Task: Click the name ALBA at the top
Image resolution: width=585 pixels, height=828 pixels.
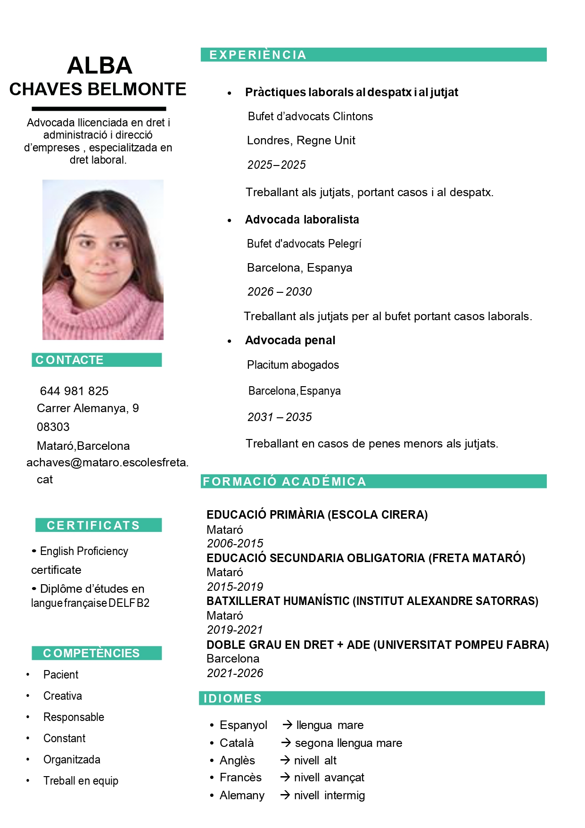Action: pyautogui.click(x=99, y=66)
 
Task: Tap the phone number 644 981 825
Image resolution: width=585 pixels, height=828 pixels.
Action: pyautogui.click(x=74, y=391)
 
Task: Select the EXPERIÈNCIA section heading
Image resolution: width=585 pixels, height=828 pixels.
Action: pyautogui.click(x=258, y=55)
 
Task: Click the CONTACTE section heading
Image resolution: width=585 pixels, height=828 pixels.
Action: pyautogui.click(x=69, y=360)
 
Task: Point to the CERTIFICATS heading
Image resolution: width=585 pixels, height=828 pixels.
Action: pyautogui.click(x=93, y=525)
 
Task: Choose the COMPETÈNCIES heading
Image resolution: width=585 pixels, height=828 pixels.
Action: pyautogui.click(x=91, y=653)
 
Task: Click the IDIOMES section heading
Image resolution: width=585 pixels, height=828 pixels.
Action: pyautogui.click(x=232, y=698)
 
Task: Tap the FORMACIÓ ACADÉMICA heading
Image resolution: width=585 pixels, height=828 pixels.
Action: pyautogui.click(x=284, y=481)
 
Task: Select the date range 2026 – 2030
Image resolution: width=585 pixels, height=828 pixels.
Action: pyautogui.click(x=280, y=292)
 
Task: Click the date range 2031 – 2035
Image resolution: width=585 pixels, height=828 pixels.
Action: pyautogui.click(x=280, y=417)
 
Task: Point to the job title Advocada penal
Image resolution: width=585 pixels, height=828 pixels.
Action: pyautogui.click(x=290, y=340)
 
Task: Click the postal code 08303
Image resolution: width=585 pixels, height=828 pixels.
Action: pyautogui.click(x=53, y=427)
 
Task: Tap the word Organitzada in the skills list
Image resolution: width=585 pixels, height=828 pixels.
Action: pyautogui.click(x=72, y=760)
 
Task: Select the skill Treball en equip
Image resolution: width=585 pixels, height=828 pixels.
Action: pyautogui.click(x=81, y=781)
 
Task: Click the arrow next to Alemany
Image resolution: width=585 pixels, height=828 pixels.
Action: pyautogui.click(x=285, y=795)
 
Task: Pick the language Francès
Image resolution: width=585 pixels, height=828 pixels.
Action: pyautogui.click(x=240, y=778)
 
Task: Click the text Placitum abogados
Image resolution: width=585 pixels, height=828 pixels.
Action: pyautogui.click(x=293, y=365)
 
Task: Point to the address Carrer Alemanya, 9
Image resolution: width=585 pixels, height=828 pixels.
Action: pyautogui.click(x=88, y=408)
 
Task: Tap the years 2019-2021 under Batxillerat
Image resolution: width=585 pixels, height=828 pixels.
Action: pyautogui.click(x=235, y=630)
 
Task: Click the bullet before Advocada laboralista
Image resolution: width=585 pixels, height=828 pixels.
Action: pyautogui.click(x=230, y=221)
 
